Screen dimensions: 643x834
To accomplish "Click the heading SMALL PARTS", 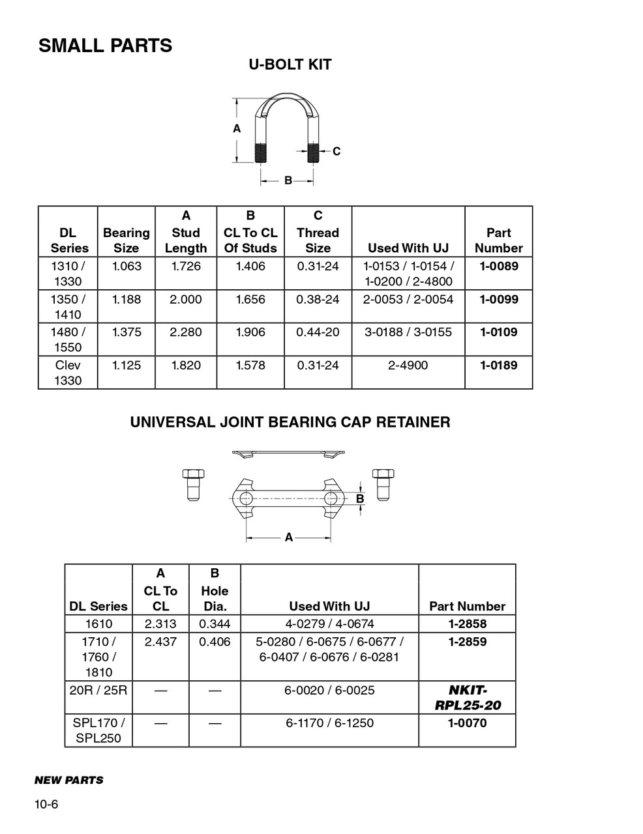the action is point(105,46).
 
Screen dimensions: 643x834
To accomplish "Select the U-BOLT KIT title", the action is point(290,65).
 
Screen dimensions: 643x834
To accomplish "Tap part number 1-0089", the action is point(499,266).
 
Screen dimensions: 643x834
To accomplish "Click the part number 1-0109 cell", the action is point(499,332).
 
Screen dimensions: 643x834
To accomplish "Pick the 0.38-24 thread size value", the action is point(318,299).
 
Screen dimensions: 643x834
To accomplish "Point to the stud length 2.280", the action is point(186,332).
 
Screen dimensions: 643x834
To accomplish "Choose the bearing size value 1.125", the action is point(126,365).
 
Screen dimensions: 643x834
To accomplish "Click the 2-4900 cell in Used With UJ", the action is point(408,365).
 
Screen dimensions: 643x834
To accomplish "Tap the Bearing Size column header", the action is point(126,240).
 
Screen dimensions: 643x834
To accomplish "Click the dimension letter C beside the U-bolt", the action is point(336,151).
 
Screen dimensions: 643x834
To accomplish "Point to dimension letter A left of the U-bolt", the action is point(237,129).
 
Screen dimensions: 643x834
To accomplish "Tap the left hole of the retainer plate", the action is point(246,499).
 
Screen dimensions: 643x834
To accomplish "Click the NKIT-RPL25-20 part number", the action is point(467,697).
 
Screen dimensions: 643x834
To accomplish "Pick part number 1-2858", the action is point(467,624).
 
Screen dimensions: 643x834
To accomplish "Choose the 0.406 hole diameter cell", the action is point(215,642).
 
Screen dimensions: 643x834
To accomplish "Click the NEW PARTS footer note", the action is point(68,780).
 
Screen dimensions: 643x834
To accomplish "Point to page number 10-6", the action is point(46,805).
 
